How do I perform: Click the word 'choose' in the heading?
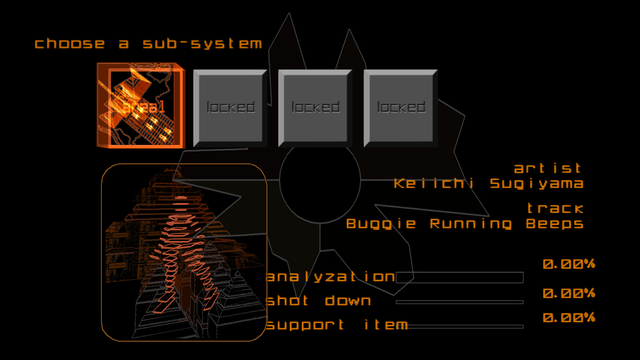[x=69, y=44]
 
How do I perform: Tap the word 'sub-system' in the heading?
[x=202, y=44]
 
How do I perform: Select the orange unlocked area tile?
[x=140, y=105]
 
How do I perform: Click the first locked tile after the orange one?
[x=230, y=108]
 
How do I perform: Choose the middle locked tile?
[x=315, y=108]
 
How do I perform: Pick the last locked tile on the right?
[x=400, y=108]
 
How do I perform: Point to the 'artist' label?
[x=548, y=168]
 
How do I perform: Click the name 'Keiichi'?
[x=434, y=184]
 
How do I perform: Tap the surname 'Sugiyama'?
[x=536, y=184]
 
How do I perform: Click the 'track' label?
[x=555, y=209]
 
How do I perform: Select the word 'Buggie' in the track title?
[x=381, y=224]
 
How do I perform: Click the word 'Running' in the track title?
[x=471, y=224]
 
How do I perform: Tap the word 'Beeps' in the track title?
[x=555, y=224]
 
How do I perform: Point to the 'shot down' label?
[x=319, y=301]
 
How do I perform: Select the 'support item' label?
[x=337, y=325]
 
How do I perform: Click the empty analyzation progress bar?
[x=459, y=277]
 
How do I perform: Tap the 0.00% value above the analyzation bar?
[x=569, y=264]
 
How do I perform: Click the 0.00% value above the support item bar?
[x=569, y=318]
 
